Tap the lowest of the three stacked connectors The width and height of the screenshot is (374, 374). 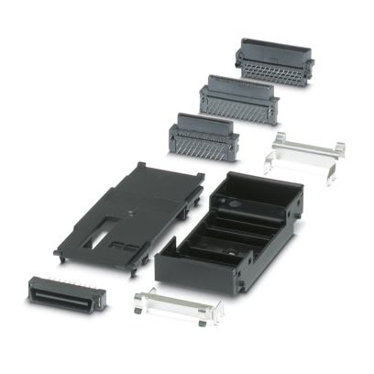point(203,135)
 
